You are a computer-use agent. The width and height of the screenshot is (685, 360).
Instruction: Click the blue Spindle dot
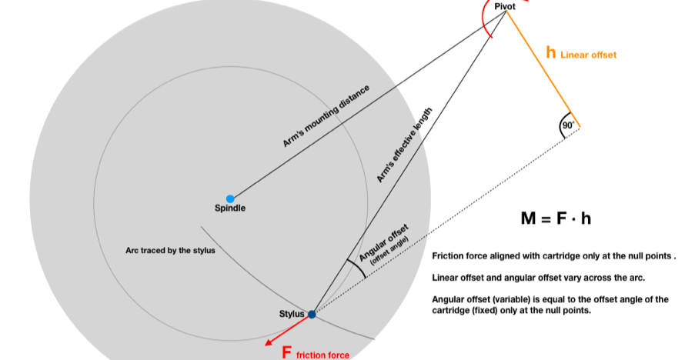(x=229, y=198)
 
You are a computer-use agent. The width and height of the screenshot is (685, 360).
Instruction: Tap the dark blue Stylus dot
(x=312, y=314)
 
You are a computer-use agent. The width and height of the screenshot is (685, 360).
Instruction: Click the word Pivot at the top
(x=504, y=6)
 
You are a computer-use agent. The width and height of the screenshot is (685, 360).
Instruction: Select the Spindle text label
(x=230, y=208)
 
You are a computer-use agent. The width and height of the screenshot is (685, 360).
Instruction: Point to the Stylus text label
(x=292, y=313)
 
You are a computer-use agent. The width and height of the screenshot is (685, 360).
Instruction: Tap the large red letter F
(x=286, y=352)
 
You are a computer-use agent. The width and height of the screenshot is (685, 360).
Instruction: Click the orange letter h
(x=550, y=52)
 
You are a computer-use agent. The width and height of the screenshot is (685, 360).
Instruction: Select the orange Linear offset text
(x=588, y=55)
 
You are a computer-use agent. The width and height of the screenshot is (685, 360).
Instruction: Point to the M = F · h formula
(x=556, y=218)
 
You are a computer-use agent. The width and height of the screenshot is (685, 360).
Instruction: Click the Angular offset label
(x=384, y=242)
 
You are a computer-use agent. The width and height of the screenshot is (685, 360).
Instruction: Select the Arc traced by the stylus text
(x=171, y=250)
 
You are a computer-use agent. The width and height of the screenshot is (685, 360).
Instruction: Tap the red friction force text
(x=322, y=355)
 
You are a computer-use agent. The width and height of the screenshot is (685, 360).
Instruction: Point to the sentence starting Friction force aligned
(x=553, y=256)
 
